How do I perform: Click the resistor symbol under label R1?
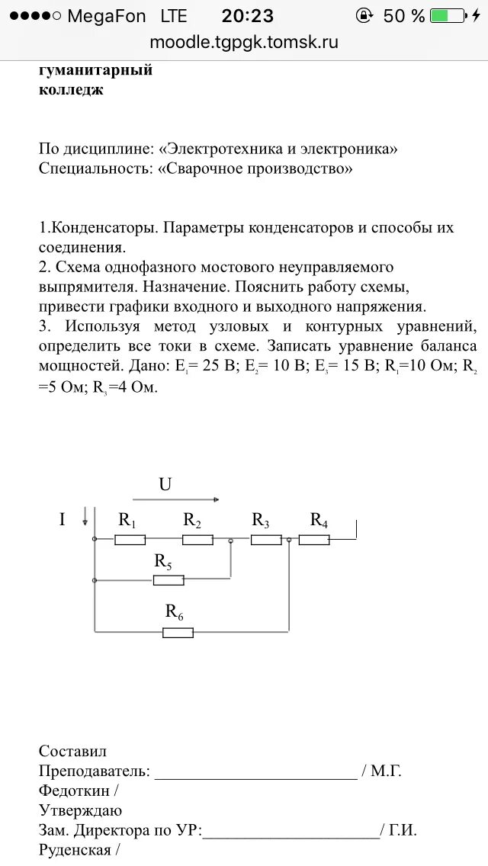pyautogui.click(x=130, y=540)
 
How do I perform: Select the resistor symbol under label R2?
pyautogui.click(x=197, y=540)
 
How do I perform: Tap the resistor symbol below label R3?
pyautogui.click(x=266, y=540)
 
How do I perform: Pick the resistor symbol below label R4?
pyautogui.click(x=314, y=540)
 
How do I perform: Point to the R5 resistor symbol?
pyautogui.click(x=169, y=580)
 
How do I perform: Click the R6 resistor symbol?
pyautogui.click(x=178, y=632)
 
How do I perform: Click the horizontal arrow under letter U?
pyautogui.click(x=175, y=500)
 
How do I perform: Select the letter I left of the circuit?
pyautogui.click(x=63, y=520)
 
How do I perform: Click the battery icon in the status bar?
pyautogui.click(x=447, y=16)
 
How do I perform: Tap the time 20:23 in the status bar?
pyautogui.click(x=247, y=16)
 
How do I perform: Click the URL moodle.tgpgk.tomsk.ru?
pyautogui.click(x=244, y=42)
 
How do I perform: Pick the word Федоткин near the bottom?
pyautogui.click(x=72, y=791)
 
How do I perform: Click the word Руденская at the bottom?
pyautogui.click(x=75, y=849)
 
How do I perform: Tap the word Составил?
pyautogui.click(x=73, y=751)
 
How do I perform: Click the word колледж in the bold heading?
pyautogui.click(x=71, y=90)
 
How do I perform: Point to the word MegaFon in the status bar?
pyautogui.click(x=106, y=16)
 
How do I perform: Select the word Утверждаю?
pyautogui.click(x=80, y=810)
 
